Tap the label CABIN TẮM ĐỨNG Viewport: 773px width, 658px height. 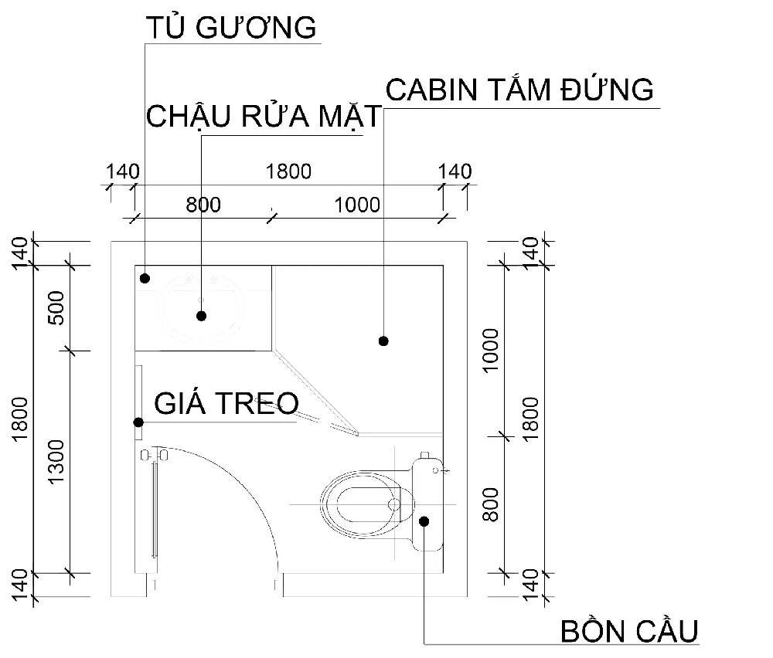tap(519, 90)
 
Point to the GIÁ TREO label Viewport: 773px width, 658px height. tap(226, 403)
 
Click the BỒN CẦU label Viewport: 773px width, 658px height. tap(629, 631)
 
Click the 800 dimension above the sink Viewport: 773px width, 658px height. tap(203, 205)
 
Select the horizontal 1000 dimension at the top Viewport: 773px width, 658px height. tap(357, 205)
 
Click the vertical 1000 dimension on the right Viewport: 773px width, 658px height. tap(492, 350)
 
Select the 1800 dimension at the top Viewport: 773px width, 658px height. tap(288, 171)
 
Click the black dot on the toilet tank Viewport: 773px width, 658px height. tap(424, 521)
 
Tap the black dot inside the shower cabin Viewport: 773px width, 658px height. tap(383, 341)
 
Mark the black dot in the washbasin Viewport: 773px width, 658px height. tap(202, 315)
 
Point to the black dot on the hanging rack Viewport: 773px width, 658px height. tap(138, 422)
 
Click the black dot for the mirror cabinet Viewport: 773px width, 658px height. tap(145, 277)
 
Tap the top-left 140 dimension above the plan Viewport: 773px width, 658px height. tap(121, 171)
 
